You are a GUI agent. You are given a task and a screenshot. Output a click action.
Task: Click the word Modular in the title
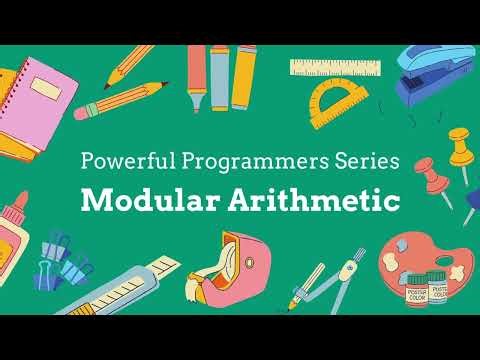pyautogui.click(x=143, y=199)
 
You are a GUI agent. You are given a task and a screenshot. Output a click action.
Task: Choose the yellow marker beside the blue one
pyautogui.click(x=245, y=75)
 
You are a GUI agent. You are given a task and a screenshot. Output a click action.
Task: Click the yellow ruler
pyautogui.click(x=337, y=68)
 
